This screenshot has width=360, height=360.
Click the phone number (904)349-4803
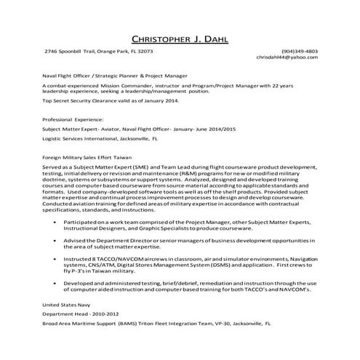pos(299,52)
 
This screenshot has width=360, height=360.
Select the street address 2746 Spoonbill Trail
pos(71,52)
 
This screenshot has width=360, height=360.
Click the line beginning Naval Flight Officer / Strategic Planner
pos(115,75)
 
